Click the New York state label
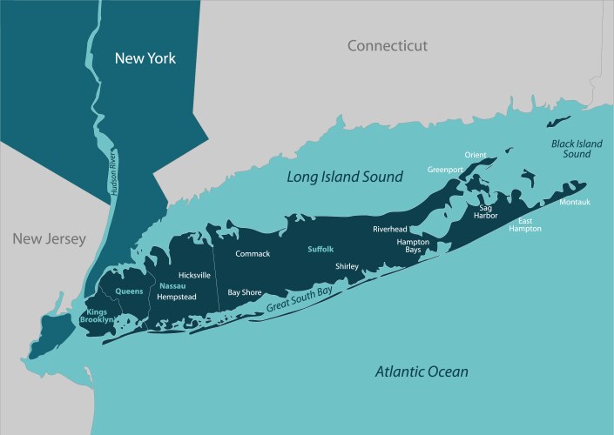coord(146,59)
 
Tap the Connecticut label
coord(388,45)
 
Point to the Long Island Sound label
coord(345,177)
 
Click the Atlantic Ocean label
coord(422,371)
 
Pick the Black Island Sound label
coord(570,148)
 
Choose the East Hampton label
coord(525,224)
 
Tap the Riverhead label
coord(389,229)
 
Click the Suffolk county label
coord(320,249)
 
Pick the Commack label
coord(253,253)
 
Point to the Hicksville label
coord(194,275)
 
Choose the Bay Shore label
coord(245,293)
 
